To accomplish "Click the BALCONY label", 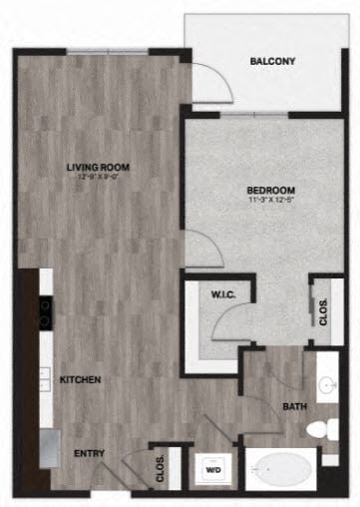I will point(272,62).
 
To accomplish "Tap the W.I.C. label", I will point(222,295).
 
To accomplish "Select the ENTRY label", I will point(89,453).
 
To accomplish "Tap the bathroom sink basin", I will point(327,385).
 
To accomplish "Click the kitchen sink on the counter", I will point(46,377).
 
